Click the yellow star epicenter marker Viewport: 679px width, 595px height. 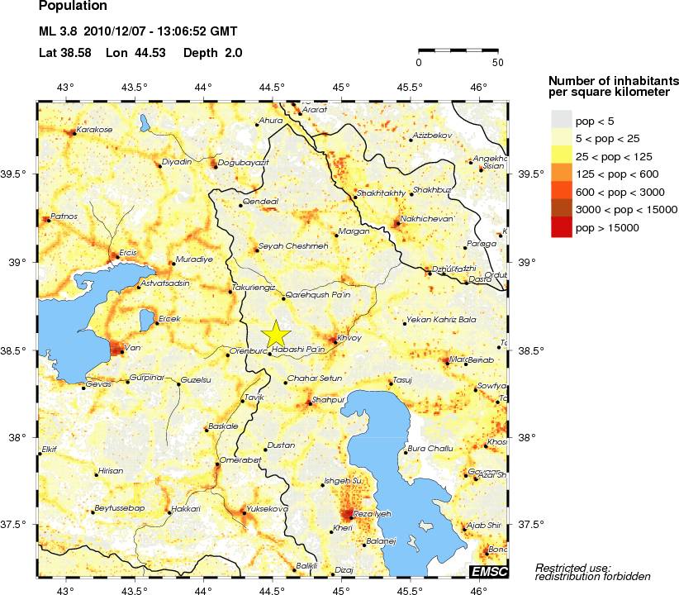click(276, 334)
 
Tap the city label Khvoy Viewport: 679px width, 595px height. click(350, 337)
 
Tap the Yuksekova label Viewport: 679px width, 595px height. click(267, 509)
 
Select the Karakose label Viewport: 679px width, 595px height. click(93, 130)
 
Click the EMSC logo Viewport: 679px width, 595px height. click(488, 571)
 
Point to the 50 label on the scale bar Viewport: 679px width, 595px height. click(497, 62)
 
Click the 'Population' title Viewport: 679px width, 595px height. click(73, 7)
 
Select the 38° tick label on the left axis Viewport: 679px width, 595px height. click(21, 438)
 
